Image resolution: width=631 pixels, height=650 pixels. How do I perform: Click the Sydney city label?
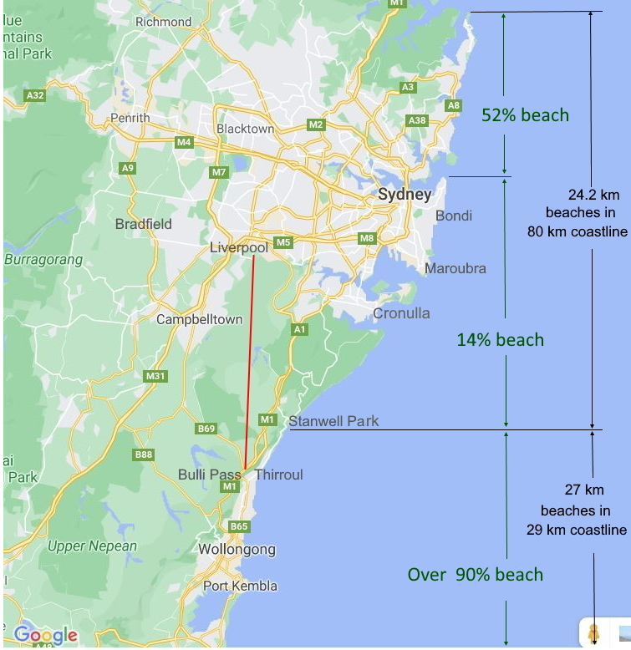405,195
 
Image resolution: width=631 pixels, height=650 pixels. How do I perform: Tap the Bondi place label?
454,216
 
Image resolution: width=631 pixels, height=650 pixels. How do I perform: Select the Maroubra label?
455,268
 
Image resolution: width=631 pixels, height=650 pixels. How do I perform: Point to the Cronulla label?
401,313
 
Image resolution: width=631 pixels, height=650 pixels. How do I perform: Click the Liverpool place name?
238,248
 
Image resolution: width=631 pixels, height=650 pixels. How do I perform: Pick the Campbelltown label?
200,319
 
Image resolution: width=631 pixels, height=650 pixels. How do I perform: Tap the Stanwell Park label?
333,421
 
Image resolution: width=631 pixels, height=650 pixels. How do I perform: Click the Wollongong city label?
237,550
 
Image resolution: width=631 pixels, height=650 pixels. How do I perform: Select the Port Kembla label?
240,586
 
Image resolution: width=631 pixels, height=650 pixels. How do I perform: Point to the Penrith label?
130,118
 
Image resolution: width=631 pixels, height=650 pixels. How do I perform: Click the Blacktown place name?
245,129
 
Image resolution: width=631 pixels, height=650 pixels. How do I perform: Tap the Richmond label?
163,22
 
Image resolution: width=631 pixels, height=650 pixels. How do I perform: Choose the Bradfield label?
144,224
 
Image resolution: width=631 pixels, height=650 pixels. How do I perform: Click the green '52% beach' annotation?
525,115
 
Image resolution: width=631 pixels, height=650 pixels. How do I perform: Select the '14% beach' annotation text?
500,340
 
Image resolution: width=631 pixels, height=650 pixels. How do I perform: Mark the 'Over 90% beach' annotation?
475,575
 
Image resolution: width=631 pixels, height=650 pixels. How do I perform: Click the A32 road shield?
35,96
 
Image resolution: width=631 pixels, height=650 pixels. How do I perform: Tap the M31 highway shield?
155,376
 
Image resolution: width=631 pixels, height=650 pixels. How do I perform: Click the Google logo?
45,635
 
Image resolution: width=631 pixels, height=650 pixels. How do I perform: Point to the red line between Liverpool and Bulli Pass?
249,359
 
